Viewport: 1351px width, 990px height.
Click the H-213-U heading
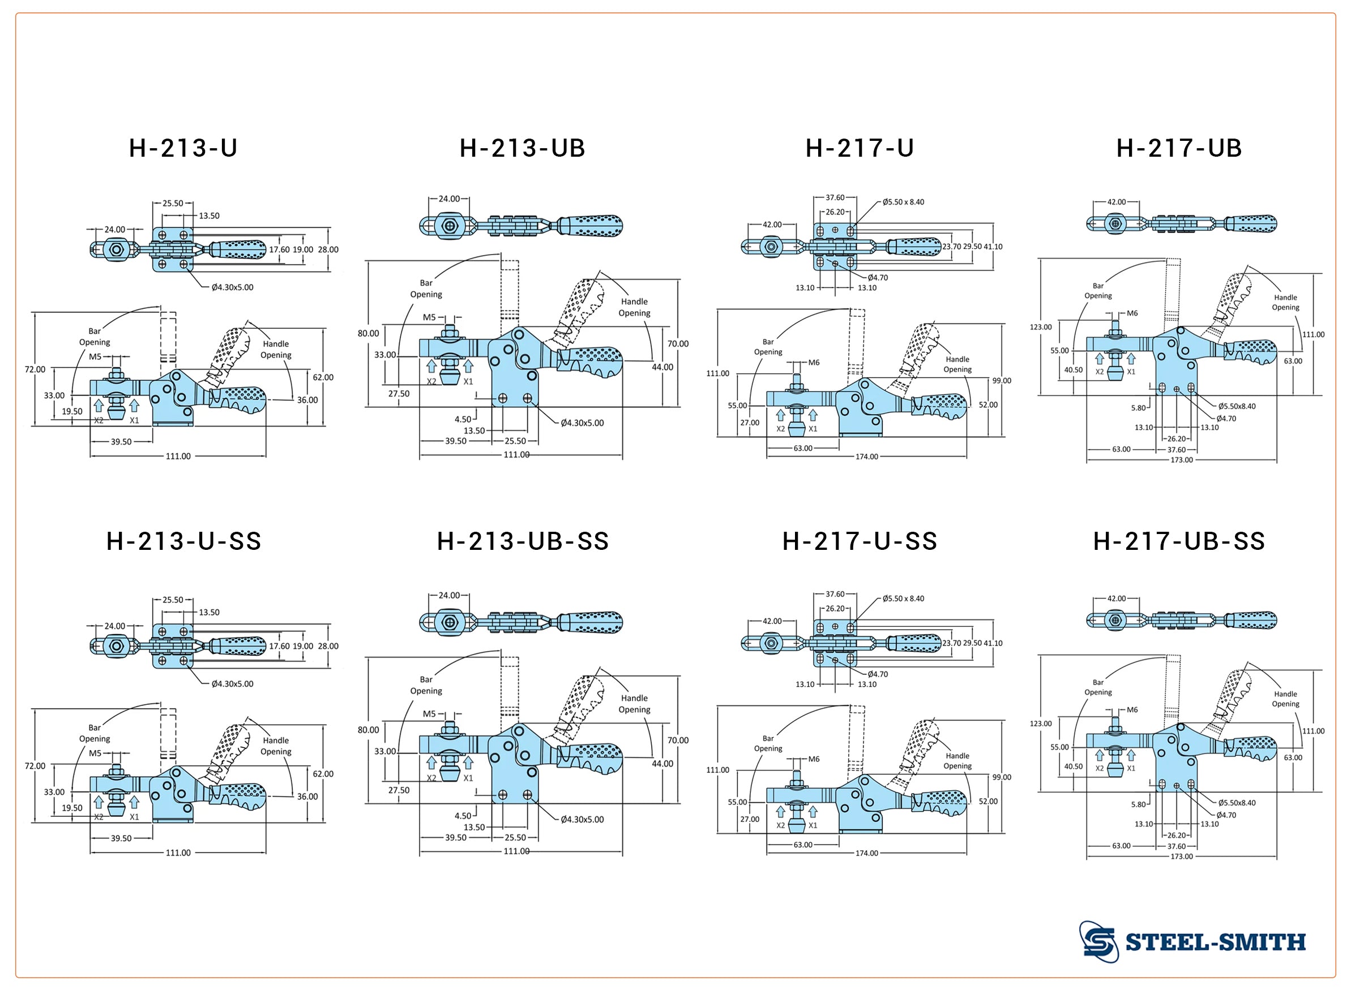pos(183,148)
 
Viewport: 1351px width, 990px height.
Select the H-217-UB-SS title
pos(1179,541)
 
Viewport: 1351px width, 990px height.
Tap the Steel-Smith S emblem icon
pos(1098,941)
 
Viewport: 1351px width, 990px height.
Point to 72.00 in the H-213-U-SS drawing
pos(35,766)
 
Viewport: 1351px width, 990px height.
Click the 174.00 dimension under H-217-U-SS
pos(866,853)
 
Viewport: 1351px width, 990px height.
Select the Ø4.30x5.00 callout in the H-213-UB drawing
pos(582,423)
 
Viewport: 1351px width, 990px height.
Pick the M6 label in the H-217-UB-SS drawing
pos(1131,710)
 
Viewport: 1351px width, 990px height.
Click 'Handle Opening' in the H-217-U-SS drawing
pos(957,761)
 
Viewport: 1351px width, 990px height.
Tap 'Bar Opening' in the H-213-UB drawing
pos(426,289)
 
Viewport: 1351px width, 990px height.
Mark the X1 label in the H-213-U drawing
pos(134,421)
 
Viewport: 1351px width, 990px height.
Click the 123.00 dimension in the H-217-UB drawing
pos(1040,327)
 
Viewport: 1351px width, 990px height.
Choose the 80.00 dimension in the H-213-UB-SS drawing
pos(368,730)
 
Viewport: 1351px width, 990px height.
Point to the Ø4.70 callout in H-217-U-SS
pos(877,674)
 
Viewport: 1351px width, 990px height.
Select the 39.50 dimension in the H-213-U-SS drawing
pos(121,838)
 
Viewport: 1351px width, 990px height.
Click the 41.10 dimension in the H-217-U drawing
pos(993,247)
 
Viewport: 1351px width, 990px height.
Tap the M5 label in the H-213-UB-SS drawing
pos(429,714)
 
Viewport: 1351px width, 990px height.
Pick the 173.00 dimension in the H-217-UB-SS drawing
pos(1181,857)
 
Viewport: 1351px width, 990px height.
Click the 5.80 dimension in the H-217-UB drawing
pos(1138,408)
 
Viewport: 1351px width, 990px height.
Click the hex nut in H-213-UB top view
pos(449,226)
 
